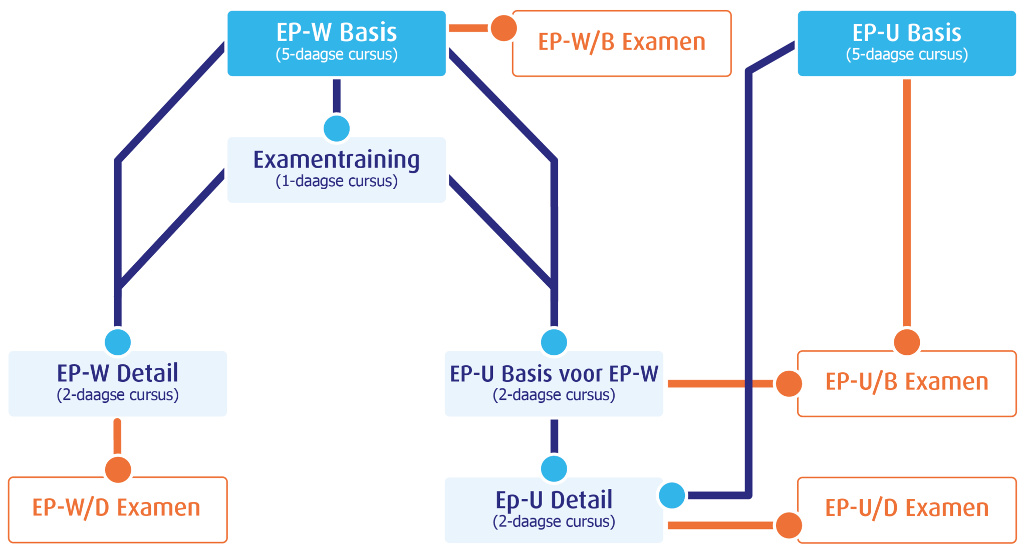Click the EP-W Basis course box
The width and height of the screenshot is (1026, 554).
point(336,44)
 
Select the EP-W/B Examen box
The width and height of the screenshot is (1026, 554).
point(621,44)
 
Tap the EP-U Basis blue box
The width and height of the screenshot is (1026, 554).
point(906,44)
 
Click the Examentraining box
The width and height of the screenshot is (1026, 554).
point(336,170)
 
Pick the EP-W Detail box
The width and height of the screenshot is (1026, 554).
point(117,383)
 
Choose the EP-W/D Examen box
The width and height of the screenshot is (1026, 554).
point(117,509)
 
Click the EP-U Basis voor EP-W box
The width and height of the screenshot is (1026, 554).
point(554,383)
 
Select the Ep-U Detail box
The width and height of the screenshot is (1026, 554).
point(554,509)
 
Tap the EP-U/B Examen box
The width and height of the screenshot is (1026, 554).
point(906,383)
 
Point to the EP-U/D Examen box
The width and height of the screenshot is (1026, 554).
point(906,509)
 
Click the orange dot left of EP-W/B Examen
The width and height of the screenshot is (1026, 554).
point(503,28)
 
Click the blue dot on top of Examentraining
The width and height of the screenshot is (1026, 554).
point(336,129)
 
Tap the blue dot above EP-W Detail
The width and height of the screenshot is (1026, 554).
point(118,342)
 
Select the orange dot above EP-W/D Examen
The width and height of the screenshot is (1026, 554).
point(118,469)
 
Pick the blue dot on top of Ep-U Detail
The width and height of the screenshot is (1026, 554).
point(554,469)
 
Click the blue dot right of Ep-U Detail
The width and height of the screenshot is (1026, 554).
point(672,495)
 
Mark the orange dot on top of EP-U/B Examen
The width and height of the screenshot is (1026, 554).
point(907,342)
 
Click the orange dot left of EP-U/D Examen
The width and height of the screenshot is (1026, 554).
point(789,525)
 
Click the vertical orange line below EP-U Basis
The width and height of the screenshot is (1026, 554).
point(907,200)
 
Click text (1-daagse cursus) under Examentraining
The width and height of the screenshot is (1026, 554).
point(336,181)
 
